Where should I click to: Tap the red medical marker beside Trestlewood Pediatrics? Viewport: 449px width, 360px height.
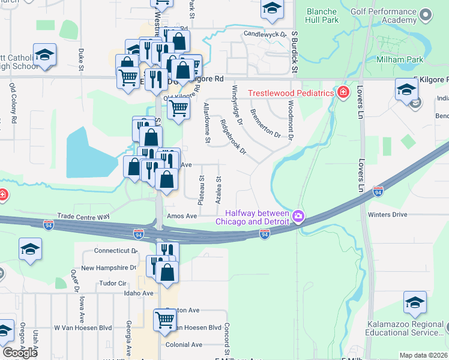343,92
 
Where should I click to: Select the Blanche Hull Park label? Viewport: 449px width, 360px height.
322,16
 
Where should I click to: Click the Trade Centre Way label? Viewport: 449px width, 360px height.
83,215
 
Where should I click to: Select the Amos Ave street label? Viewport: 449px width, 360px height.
182,216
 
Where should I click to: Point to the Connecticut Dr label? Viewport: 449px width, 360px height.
115,250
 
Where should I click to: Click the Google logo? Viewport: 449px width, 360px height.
19,352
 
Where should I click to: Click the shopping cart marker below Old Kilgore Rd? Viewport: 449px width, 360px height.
178,109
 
